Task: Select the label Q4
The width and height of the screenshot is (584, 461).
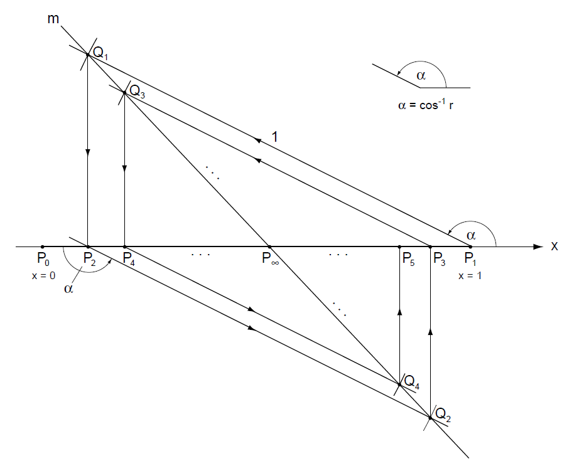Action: [x=411, y=381]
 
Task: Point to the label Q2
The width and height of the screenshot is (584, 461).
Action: [x=442, y=414]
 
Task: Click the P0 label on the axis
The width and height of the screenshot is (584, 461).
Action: [x=43, y=259]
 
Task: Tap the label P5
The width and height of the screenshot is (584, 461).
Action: [x=408, y=259]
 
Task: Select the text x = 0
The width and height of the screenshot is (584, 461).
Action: [x=42, y=275]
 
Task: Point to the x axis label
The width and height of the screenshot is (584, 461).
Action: [x=554, y=246]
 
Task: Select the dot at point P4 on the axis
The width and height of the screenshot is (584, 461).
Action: [x=125, y=246]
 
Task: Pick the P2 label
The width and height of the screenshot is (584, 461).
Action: [x=89, y=259]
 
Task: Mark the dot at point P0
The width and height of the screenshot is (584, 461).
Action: [x=42, y=246]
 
